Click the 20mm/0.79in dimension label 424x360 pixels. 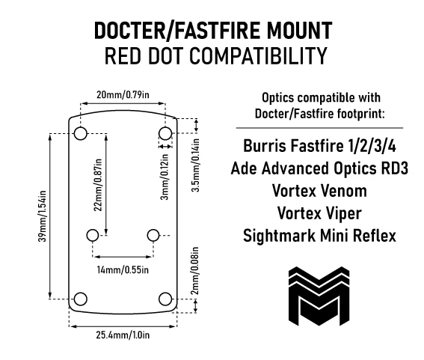tap(123, 95)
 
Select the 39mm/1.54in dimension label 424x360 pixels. tap(43, 216)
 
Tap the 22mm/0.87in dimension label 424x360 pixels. tap(98, 185)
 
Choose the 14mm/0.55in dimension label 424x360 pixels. tap(123, 270)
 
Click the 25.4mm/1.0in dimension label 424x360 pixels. tap(123, 335)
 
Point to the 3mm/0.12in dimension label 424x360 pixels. tap(165, 177)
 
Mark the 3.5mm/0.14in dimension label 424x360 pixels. tap(195, 165)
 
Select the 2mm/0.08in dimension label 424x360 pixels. tap(195, 271)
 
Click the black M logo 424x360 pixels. tap(319, 296)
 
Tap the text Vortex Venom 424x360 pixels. tap(319, 191)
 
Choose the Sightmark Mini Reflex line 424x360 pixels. tap(319, 236)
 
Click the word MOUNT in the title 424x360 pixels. tap(300, 31)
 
